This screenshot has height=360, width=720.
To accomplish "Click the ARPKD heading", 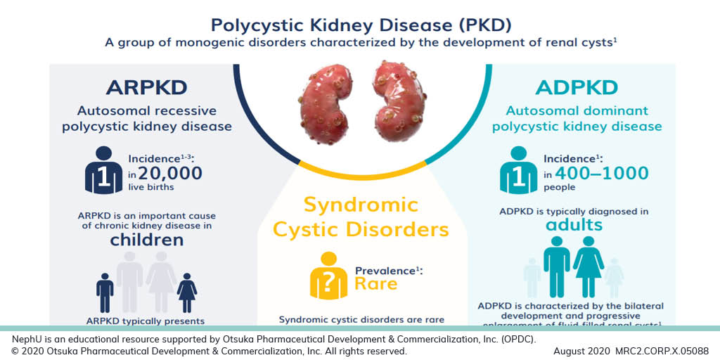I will pos(146,88).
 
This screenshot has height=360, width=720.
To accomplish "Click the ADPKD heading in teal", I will pos(577,88).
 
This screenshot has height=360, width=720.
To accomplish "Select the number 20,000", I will pos(170,173).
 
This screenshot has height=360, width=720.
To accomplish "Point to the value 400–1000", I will pos(601,173).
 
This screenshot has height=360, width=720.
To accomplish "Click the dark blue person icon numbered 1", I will pos(103,170).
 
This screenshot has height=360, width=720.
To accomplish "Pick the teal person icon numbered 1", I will pos(518,170).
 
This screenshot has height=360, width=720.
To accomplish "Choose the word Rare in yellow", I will pos(375,283).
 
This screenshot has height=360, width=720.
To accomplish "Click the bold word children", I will pos(146,240).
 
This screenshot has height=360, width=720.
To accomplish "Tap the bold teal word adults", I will pos(574,224).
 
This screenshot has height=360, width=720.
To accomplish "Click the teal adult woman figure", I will pos(589,266).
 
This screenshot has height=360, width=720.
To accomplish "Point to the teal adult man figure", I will pos(557,266).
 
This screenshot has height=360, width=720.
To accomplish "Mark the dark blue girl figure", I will pos(187,292).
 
